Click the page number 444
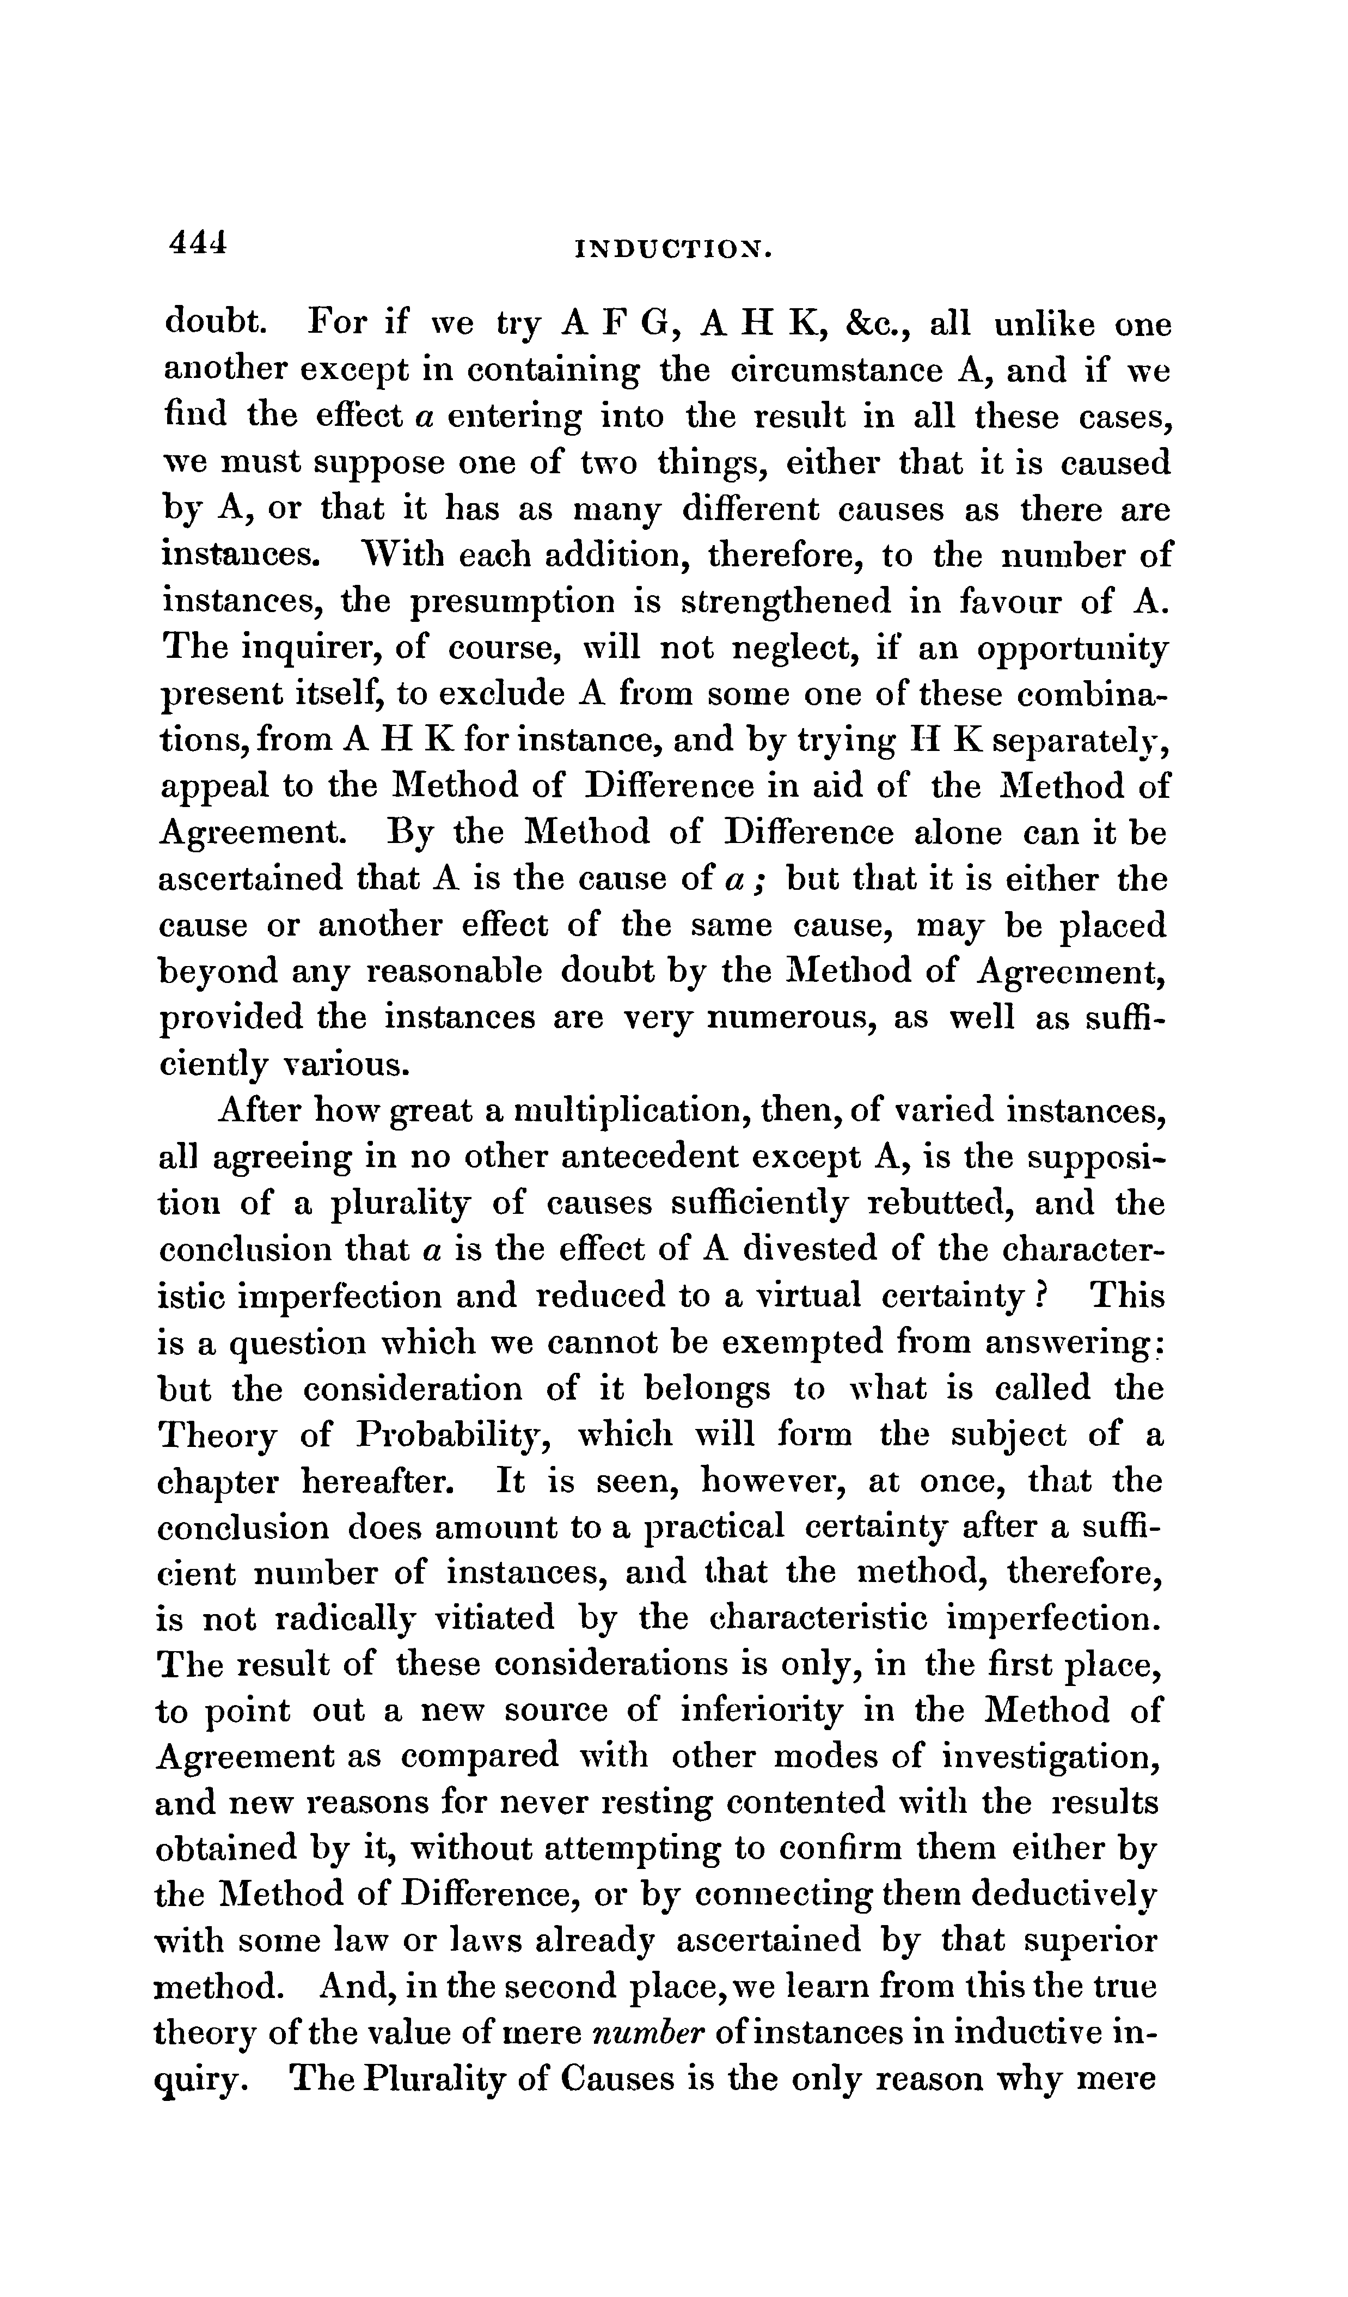(x=195, y=242)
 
